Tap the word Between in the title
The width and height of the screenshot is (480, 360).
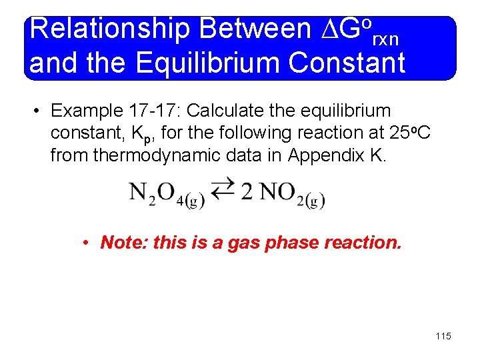coord(254,29)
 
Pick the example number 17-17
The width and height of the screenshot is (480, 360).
coord(158,110)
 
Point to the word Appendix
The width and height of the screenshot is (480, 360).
coord(319,155)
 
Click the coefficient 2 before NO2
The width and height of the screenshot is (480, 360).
coord(247,192)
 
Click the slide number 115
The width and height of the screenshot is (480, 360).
coord(443,336)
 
